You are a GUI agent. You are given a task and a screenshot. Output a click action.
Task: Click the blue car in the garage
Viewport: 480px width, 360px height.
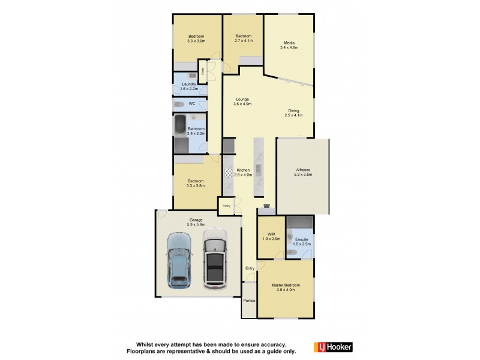(x=178, y=260)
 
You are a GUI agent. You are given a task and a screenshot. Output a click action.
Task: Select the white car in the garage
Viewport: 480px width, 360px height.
(x=215, y=259)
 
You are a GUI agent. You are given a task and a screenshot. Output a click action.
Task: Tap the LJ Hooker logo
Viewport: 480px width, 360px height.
(x=333, y=347)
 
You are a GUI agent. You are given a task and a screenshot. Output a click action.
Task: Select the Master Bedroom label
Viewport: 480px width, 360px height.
(x=285, y=287)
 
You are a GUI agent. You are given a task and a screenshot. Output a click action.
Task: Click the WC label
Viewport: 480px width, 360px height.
(x=192, y=104)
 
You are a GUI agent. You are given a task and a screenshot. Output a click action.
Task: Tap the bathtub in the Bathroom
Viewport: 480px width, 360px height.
(x=179, y=127)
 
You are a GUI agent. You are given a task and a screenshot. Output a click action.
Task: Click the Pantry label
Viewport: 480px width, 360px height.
(x=226, y=206)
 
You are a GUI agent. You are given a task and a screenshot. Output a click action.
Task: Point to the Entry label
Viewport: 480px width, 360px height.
(x=250, y=268)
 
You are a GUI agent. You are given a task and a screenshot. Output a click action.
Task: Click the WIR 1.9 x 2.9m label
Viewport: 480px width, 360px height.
(x=271, y=236)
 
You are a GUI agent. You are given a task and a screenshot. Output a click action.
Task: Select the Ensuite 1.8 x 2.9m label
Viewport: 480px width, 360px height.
(x=301, y=241)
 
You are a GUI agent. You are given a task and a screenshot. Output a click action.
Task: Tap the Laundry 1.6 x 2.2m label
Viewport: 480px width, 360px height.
(x=189, y=86)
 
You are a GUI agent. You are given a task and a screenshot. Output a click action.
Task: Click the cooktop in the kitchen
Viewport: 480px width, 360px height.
(x=229, y=173)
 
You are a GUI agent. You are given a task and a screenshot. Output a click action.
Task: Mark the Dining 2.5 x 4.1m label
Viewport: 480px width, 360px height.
(x=293, y=113)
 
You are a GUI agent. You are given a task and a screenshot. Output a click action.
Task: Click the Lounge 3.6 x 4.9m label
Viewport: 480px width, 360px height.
(x=242, y=101)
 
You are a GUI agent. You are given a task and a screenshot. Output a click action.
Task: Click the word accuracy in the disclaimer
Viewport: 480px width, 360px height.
(x=273, y=343)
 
